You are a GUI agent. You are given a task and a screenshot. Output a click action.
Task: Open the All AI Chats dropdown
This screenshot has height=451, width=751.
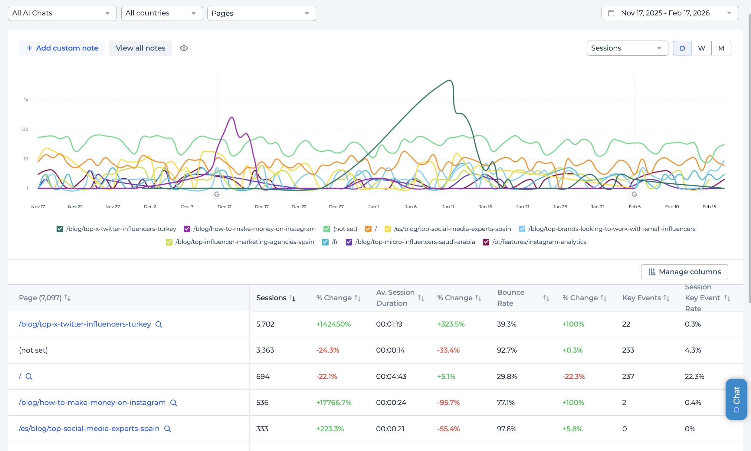tap(62, 13)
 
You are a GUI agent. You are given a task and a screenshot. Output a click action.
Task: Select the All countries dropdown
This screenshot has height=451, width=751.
tap(162, 13)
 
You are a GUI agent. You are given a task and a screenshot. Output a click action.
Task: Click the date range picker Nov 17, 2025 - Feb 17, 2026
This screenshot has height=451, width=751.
tap(670, 13)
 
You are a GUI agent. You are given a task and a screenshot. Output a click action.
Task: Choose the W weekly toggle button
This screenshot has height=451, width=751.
tap(701, 48)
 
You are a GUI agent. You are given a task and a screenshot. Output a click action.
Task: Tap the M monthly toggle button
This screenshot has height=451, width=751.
tap(721, 48)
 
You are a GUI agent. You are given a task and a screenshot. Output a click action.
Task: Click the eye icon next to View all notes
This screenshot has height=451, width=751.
tap(184, 48)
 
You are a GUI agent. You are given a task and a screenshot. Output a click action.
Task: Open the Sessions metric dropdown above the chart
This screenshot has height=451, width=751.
tap(627, 48)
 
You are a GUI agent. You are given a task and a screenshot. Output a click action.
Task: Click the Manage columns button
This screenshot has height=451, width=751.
tap(684, 272)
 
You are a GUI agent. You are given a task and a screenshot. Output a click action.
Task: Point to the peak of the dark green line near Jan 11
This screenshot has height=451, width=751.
tap(449, 80)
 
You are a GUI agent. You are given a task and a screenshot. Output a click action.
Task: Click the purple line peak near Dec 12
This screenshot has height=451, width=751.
tap(232, 117)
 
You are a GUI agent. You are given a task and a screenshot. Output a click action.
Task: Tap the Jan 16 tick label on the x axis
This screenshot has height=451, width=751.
tap(485, 207)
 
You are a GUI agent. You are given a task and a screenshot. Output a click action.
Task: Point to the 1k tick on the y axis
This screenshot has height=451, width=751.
tap(26, 100)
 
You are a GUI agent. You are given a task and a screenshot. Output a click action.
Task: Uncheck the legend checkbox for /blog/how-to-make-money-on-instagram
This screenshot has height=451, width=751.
tap(187, 229)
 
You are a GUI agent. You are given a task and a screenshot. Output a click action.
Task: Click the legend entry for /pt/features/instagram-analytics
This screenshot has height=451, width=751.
tap(539, 242)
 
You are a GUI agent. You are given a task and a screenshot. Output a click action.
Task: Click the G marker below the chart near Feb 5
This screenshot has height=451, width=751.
tap(634, 194)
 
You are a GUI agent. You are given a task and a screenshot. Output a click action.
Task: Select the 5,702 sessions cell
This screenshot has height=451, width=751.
tap(265, 324)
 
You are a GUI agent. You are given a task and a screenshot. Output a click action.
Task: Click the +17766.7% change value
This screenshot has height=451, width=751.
tap(333, 402)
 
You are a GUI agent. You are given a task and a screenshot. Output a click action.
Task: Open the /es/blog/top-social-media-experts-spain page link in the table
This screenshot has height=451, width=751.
tap(89, 429)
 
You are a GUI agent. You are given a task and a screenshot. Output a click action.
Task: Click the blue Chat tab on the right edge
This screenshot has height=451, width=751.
tap(736, 399)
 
